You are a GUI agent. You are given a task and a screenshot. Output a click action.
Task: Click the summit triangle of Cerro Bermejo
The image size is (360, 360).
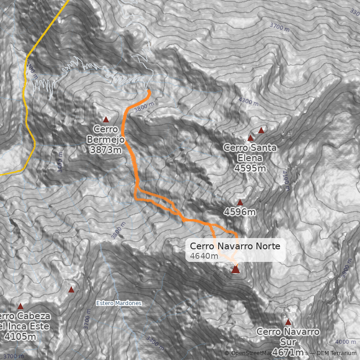click(x=106, y=120)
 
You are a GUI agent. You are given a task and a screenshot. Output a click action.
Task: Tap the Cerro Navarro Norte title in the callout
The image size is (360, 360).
click(x=235, y=246)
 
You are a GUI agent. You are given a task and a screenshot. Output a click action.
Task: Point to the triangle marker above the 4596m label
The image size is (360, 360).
click(x=240, y=202)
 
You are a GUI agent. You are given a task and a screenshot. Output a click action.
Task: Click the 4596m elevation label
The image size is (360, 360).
click(x=240, y=211)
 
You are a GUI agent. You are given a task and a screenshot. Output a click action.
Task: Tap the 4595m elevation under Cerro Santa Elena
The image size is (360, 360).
click(x=250, y=168)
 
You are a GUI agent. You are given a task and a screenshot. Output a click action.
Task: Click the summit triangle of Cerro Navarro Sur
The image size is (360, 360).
click(x=288, y=322)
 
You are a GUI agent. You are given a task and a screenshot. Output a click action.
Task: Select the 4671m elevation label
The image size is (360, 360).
click(x=288, y=351)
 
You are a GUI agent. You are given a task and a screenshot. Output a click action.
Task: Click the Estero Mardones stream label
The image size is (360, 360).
click(x=119, y=303)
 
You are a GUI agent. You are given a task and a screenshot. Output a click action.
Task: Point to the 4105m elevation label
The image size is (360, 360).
click(x=20, y=337)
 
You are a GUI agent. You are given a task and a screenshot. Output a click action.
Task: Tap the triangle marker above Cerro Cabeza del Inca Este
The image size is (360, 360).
click(x=20, y=306)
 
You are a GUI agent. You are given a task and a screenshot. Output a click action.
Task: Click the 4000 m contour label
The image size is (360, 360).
click(x=346, y=342)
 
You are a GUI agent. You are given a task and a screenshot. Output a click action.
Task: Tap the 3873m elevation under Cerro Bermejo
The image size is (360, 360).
click(x=106, y=150)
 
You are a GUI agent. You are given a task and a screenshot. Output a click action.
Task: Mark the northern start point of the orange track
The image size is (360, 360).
click(x=149, y=91)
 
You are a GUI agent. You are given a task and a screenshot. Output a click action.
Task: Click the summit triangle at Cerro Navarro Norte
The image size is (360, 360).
click(x=235, y=270)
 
